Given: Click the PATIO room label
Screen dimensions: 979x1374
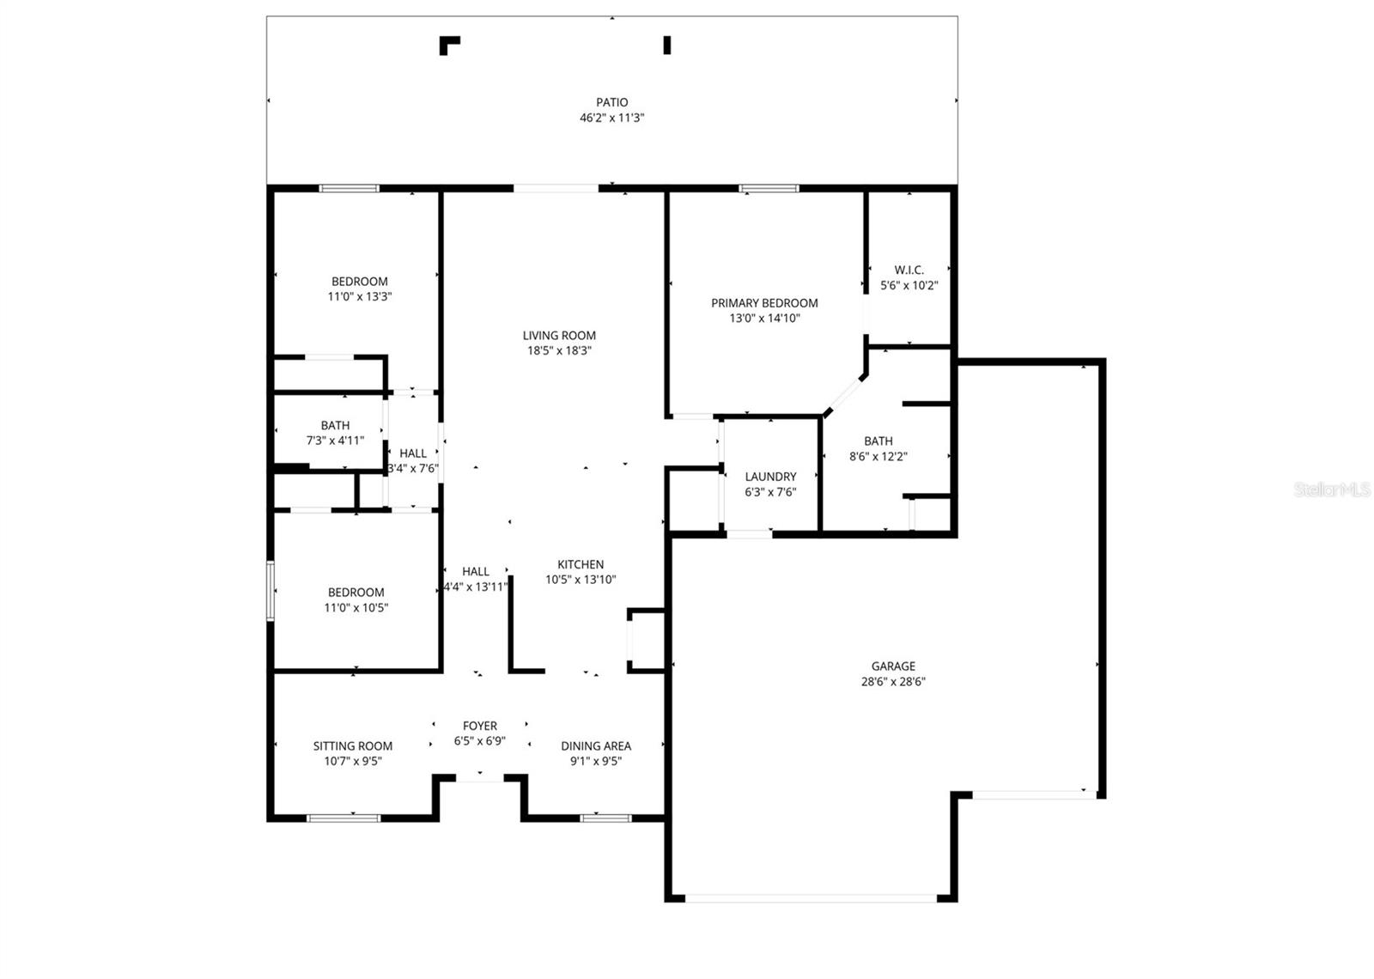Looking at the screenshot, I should coord(611,102).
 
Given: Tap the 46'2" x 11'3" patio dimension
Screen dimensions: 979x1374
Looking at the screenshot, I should coord(611,118).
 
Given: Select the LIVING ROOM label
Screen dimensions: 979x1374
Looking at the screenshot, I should coord(559,336).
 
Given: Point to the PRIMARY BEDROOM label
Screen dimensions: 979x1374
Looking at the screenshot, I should coord(764,303).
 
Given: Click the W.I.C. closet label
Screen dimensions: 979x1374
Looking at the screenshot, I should coord(909,271).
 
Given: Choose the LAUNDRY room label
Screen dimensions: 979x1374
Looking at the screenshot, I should coord(770,477).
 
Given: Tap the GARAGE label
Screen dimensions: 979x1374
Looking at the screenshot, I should coord(893,666).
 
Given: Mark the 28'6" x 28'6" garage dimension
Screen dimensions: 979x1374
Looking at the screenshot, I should coord(893,682).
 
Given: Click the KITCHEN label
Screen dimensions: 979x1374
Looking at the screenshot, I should coord(581,564).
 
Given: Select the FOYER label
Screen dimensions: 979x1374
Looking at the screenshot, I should coord(479,726).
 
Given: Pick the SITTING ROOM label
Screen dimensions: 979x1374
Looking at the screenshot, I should coord(352,746).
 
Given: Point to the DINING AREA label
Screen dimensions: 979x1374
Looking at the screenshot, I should coord(596,746).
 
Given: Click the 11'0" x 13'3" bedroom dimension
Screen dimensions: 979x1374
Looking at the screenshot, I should coord(360,296).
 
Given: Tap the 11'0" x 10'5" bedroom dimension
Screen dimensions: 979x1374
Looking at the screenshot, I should coord(356,608).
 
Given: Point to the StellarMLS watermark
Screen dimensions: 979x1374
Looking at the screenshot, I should coord(1332,490).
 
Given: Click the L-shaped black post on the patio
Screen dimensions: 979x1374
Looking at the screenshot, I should coord(447,43).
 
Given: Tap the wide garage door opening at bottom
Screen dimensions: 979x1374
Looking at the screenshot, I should coord(811,898).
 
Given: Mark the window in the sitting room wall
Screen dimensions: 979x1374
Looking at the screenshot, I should coord(343,818).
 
